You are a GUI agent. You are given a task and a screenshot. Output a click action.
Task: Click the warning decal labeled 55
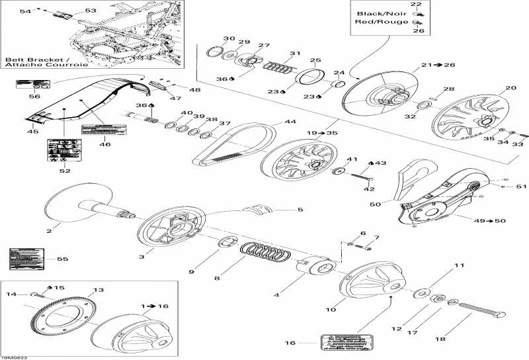tap(22, 258)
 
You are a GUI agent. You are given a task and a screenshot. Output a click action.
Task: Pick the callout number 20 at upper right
tap(510, 89)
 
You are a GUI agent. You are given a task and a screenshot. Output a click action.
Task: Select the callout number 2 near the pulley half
tap(48, 230)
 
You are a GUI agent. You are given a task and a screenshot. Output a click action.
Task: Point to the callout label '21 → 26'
tap(427, 65)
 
